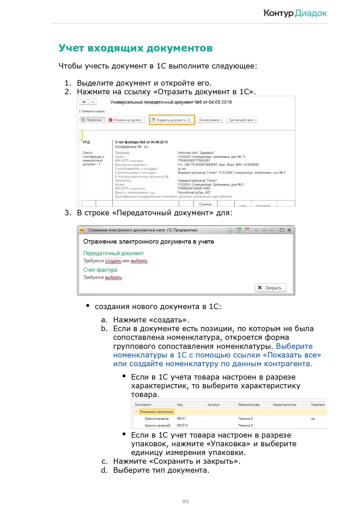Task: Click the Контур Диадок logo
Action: point(295,13)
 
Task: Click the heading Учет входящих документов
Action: point(135,48)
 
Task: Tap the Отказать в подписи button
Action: point(126,120)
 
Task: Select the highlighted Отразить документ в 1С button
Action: point(171,120)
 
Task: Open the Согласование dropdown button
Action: point(210,120)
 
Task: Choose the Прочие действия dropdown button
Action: point(241,120)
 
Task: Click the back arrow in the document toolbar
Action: point(84,102)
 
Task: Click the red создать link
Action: point(113,261)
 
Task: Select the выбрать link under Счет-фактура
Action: point(113,277)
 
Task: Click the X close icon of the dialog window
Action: point(289,230)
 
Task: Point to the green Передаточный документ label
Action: point(113,253)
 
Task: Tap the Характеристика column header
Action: point(284,405)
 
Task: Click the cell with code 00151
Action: point(181,419)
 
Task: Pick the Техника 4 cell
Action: point(245,419)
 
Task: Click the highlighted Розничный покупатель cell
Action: point(157,412)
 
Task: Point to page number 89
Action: point(186,501)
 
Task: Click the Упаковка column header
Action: point(318,405)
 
